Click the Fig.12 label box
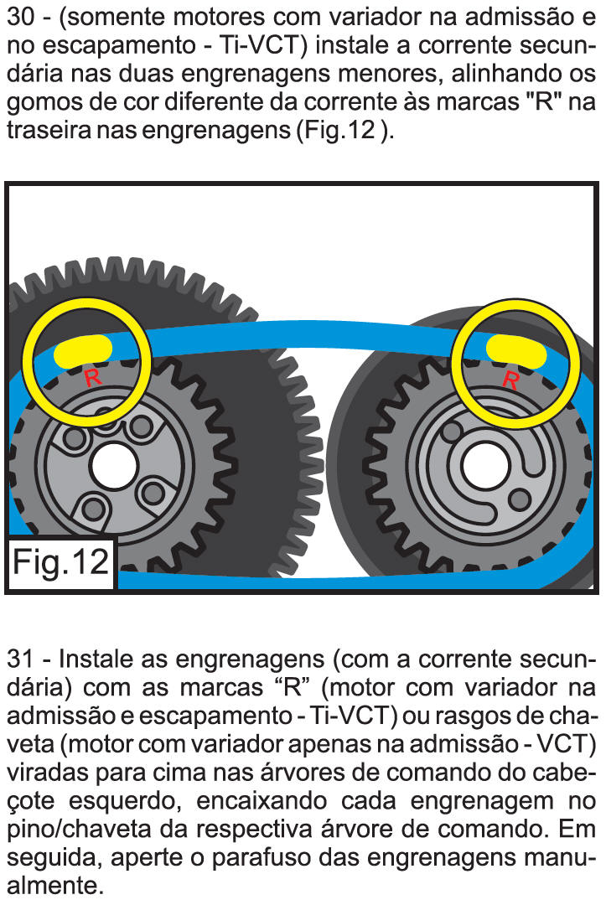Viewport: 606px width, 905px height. pos(60,563)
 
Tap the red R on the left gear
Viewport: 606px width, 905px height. pos(93,378)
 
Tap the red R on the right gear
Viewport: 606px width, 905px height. pos(510,380)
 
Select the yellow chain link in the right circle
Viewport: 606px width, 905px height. pos(516,351)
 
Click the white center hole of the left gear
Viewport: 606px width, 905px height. pos(114,467)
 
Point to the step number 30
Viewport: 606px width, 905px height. pos(21,17)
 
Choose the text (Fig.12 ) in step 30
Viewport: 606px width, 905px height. pos(345,130)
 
